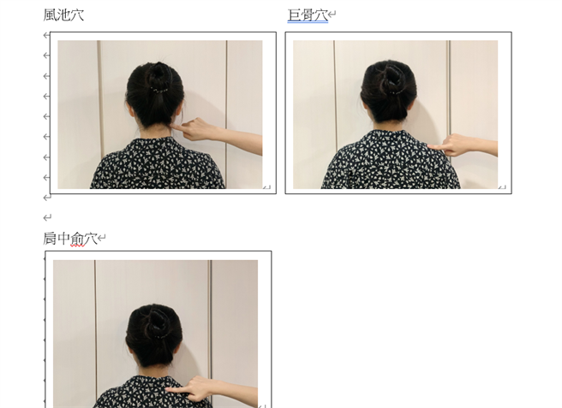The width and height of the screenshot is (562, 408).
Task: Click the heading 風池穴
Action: [x=63, y=15]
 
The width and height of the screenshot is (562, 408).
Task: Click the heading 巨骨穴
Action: [x=308, y=15]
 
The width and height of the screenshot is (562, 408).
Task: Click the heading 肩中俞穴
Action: [x=70, y=239]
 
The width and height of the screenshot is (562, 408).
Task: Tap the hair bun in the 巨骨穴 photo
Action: [x=391, y=78]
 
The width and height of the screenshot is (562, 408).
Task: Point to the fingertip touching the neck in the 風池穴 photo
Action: [x=173, y=126]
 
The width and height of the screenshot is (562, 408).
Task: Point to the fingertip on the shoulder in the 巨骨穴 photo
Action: [x=430, y=146]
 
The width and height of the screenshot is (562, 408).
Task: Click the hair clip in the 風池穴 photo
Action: [x=159, y=91]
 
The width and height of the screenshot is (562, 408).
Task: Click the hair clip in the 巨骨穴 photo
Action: [x=395, y=92]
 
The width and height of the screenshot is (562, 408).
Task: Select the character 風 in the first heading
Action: [x=50, y=15]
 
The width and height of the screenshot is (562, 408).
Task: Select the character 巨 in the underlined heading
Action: [x=294, y=15]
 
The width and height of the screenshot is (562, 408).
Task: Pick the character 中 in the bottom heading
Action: [x=63, y=239]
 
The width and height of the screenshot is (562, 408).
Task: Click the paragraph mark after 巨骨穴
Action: [x=332, y=15]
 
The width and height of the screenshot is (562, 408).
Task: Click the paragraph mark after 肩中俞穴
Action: [x=102, y=237]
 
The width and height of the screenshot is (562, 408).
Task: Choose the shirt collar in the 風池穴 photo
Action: [x=154, y=139]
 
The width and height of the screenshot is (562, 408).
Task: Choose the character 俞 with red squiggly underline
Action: [x=77, y=239]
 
